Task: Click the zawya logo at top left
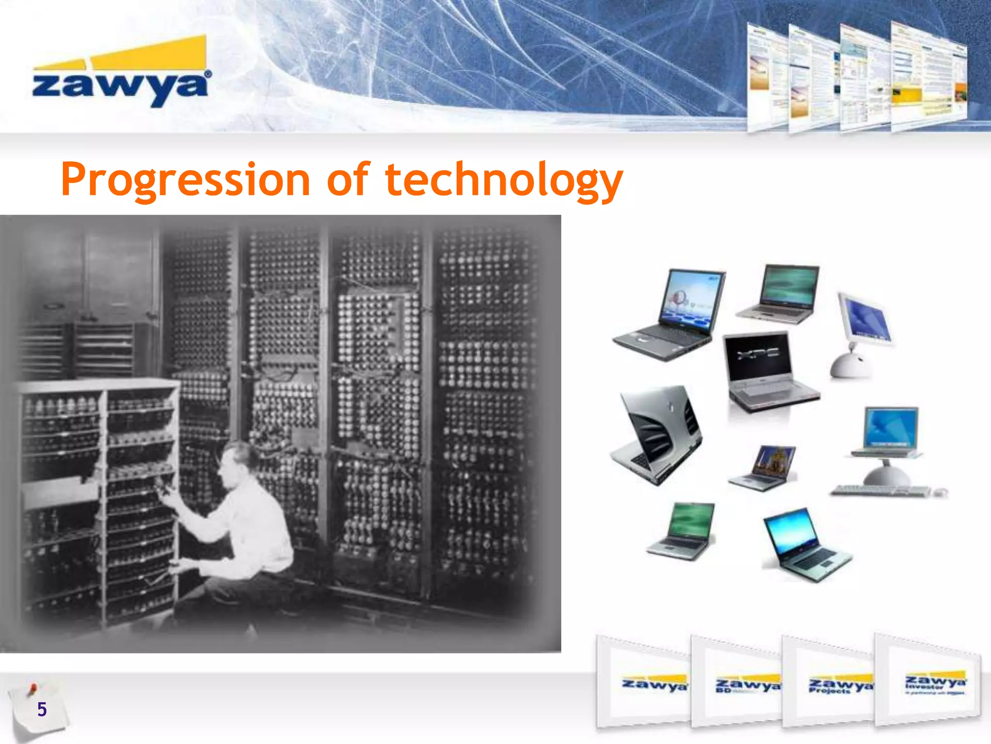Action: pyautogui.click(x=120, y=73)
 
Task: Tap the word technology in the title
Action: pyautogui.click(x=503, y=180)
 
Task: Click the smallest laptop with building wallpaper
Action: pyautogui.click(x=765, y=467)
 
